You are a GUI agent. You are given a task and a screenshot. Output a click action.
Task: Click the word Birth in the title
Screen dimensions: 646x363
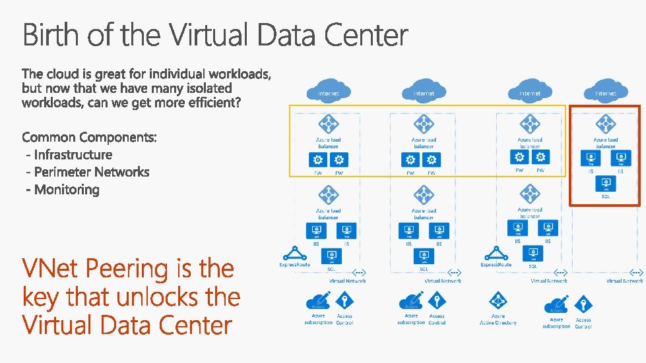pyautogui.click(x=52, y=35)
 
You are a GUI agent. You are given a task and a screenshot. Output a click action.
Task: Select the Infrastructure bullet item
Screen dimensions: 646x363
pyautogui.click(x=73, y=155)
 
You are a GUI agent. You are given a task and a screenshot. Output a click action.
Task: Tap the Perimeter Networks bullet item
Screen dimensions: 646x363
pyautogui.click(x=91, y=172)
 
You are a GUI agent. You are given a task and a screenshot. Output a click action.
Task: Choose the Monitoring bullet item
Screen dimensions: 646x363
pyautogui.click(x=67, y=190)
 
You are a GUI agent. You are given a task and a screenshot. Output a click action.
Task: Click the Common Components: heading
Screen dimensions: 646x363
pyautogui.click(x=90, y=137)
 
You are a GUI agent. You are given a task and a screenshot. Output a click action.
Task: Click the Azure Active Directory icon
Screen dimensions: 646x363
pyautogui.click(x=498, y=303)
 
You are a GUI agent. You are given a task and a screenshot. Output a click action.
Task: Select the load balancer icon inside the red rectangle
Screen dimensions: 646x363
pyautogui.click(x=605, y=124)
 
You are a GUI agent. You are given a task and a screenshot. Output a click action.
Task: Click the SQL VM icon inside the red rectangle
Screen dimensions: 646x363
pyautogui.click(x=605, y=184)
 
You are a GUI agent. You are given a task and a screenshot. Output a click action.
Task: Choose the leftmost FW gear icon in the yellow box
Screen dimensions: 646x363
pyautogui.click(x=318, y=160)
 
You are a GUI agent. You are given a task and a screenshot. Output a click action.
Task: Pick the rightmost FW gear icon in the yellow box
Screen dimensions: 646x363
pyautogui.click(x=541, y=157)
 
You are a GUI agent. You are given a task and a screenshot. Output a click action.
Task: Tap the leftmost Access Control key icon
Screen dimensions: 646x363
pyautogui.click(x=344, y=302)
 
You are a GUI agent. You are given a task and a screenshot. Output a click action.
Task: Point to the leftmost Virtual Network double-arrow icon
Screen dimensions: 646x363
pyautogui.click(x=360, y=271)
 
